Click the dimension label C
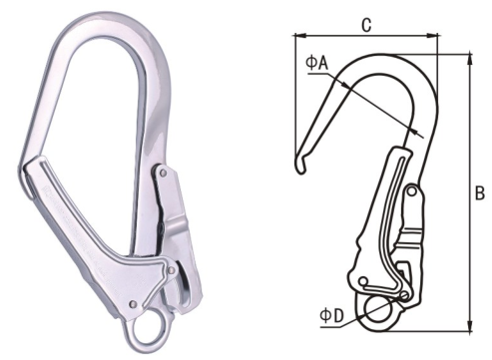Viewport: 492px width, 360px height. point(366,25)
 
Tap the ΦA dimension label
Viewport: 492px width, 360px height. point(317,63)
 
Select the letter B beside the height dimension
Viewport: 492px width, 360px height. point(480,193)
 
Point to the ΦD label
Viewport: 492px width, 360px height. point(331,316)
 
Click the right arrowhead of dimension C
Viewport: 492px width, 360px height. point(434,35)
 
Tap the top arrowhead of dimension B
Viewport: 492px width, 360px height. point(470,59)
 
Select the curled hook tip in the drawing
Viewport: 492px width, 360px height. point(301,166)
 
